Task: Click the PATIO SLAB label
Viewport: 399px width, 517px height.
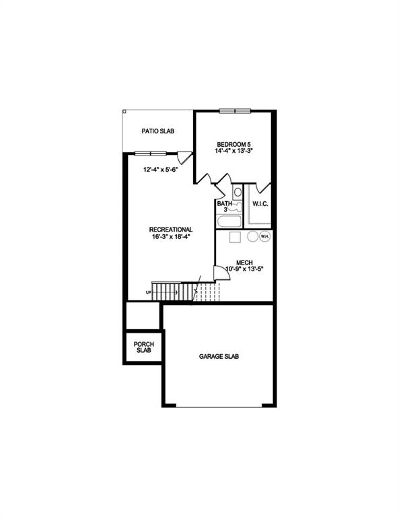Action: click(x=158, y=131)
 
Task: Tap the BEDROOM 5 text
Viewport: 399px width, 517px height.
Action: click(x=234, y=143)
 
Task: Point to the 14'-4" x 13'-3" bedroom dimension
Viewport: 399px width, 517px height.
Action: click(x=234, y=152)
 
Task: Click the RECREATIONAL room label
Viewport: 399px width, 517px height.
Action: click(x=171, y=230)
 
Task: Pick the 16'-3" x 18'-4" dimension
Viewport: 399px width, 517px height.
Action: click(x=171, y=238)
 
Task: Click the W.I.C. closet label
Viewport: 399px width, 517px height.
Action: click(x=260, y=203)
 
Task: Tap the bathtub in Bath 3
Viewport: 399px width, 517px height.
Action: click(x=228, y=221)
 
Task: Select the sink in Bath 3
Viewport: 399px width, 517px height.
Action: click(x=237, y=193)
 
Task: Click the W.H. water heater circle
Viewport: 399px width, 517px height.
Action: click(x=264, y=236)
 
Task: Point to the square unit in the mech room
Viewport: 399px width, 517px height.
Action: click(x=235, y=237)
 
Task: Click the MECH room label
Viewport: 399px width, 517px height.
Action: click(x=244, y=262)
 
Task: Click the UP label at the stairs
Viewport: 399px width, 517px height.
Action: click(x=148, y=292)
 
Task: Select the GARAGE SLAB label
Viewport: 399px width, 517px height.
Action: click(x=219, y=356)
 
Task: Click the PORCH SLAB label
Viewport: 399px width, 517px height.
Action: click(x=143, y=347)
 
